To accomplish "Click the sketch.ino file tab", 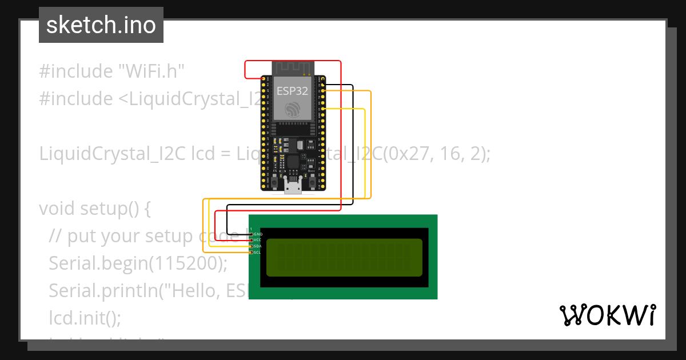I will [x=101, y=25].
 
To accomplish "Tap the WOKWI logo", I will [x=607, y=315].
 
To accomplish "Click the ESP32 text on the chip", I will [x=293, y=90].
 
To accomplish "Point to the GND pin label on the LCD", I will [x=258, y=234].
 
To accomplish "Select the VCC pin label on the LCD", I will [x=258, y=240].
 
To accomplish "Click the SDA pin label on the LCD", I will [x=258, y=246].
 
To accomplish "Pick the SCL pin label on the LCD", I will [x=258, y=252].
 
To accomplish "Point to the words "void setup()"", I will [x=94, y=209].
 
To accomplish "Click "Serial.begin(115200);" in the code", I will [x=138, y=263].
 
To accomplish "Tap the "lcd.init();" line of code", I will [x=85, y=318].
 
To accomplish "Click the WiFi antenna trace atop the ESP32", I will [x=293, y=69].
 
